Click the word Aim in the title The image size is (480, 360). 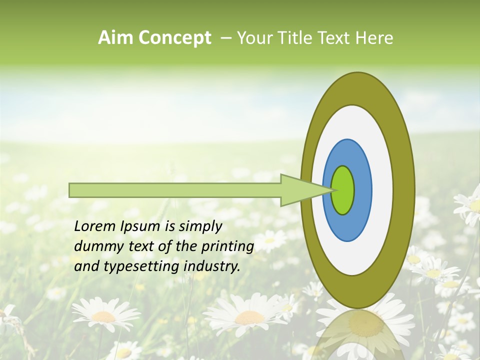click(x=116, y=38)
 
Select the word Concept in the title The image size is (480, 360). click(x=174, y=38)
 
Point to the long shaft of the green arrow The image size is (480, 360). click(x=175, y=190)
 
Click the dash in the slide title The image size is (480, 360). click(x=225, y=38)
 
